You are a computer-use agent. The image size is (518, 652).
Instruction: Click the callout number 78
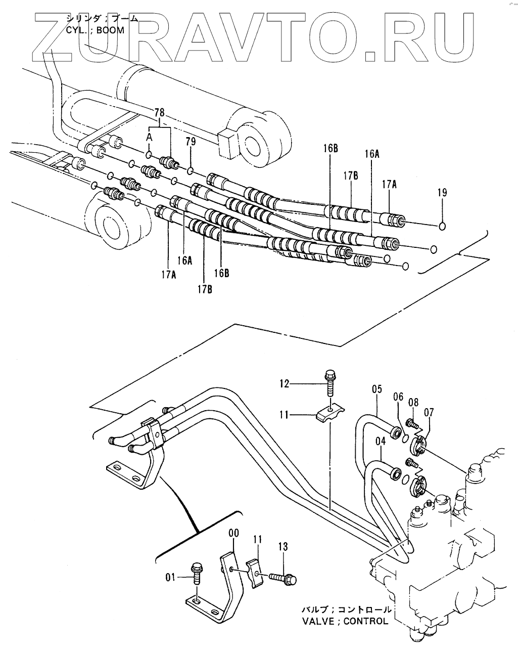[x=159, y=112]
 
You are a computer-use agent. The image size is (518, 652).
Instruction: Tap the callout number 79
[x=191, y=142]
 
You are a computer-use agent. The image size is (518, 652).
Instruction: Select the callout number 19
[x=442, y=192]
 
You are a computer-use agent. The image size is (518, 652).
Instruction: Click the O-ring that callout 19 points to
[x=442, y=226]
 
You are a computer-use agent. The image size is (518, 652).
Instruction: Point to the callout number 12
[x=285, y=384]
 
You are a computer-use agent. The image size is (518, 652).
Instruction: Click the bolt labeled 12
[x=329, y=383]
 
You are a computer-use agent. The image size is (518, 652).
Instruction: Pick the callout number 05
[x=377, y=389]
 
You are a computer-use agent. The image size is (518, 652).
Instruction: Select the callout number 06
[x=398, y=397]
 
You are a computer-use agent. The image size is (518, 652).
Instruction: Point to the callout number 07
[x=429, y=412]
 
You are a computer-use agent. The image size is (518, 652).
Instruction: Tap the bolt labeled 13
[x=282, y=579]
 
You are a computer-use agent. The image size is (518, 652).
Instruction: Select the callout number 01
[x=170, y=577]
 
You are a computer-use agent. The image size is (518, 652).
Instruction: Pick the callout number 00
[x=234, y=533]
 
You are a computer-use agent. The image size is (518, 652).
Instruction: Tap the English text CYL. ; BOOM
[x=95, y=30]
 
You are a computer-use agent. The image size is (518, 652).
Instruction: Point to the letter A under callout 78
[x=149, y=137]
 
